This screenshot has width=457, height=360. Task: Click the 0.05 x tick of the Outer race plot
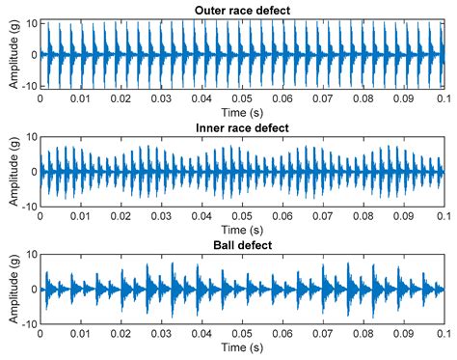tap(241, 99)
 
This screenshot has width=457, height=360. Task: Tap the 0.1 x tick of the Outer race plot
tap(443, 99)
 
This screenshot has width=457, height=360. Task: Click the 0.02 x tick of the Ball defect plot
tap(120, 335)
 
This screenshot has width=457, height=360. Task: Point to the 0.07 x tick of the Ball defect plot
tap(322, 335)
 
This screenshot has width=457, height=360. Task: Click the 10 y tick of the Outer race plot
tap(31, 21)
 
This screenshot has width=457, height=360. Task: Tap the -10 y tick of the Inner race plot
tap(29, 207)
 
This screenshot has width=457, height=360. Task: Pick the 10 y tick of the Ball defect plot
tap(31, 255)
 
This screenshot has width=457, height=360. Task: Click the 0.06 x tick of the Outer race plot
tap(282, 99)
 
